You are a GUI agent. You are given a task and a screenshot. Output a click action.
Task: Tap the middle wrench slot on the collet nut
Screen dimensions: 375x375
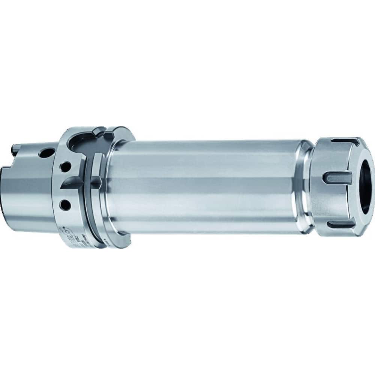point(336,177)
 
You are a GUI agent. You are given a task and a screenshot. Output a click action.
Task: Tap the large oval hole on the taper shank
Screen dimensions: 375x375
point(46,153)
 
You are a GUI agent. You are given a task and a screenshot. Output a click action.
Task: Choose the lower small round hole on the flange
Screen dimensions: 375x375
point(66,205)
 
